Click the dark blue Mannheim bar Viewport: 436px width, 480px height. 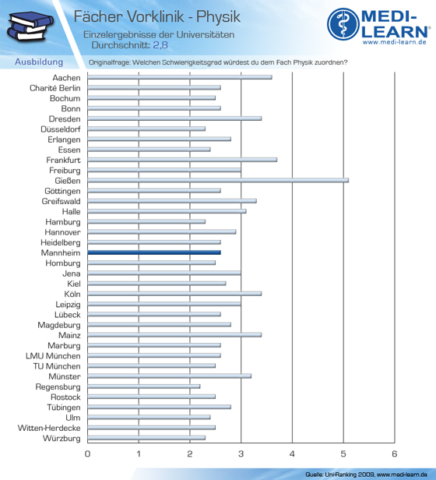pos(154,252)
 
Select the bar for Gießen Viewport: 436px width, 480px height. pos(218,180)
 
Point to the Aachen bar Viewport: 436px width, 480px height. pos(180,77)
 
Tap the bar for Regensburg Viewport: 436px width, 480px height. pos(144,386)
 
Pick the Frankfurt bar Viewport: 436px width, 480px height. pos(182,160)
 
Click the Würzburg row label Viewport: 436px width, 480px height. pos(62,439)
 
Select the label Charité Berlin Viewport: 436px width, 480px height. pos(55,88)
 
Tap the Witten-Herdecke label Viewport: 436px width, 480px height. pos(49,428)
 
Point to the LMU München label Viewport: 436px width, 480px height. pos(53,356)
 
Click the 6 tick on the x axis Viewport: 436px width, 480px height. pos(395,454)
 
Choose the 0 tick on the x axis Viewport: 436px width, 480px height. pos(87,454)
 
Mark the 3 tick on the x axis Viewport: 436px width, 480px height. pos(241,454)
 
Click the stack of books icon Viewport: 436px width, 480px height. pos(30,26)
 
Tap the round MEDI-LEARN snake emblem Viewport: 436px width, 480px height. pos(343,24)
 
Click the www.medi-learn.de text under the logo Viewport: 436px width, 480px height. pos(395,42)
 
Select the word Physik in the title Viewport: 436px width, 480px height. pos(218,17)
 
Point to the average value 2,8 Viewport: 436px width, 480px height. pos(160,45)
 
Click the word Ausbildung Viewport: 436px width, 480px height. pos(39,62)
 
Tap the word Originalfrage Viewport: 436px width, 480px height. pos(109,62)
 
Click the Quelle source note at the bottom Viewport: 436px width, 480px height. pos(366,475)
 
